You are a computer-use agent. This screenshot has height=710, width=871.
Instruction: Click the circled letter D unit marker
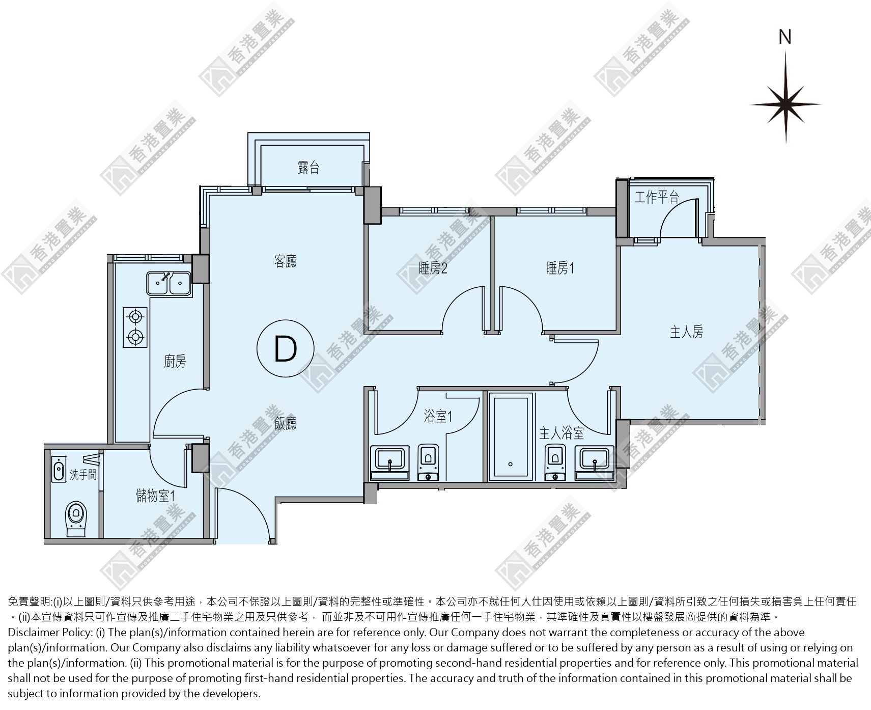285,349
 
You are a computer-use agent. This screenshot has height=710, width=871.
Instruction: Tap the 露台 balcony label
308,167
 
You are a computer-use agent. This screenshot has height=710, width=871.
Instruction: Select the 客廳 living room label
285,261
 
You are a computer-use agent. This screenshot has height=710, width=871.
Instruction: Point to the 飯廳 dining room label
285,423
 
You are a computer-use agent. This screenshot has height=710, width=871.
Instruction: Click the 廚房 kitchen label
175,361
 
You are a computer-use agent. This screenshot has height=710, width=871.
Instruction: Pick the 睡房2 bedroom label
433,268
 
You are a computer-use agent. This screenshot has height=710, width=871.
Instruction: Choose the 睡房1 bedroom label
560,268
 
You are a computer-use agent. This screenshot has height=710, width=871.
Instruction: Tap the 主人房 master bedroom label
686,332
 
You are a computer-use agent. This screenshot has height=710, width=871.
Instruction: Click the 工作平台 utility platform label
657,197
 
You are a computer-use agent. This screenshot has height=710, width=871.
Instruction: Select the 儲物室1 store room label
155,495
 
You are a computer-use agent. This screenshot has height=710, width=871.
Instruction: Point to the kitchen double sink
168,284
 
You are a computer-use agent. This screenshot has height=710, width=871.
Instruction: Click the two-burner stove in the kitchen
135,326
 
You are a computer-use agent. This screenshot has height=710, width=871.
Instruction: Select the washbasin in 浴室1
389,462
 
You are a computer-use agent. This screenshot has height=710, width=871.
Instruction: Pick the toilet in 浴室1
428,462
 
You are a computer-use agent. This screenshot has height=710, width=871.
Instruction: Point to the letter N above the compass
785,37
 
